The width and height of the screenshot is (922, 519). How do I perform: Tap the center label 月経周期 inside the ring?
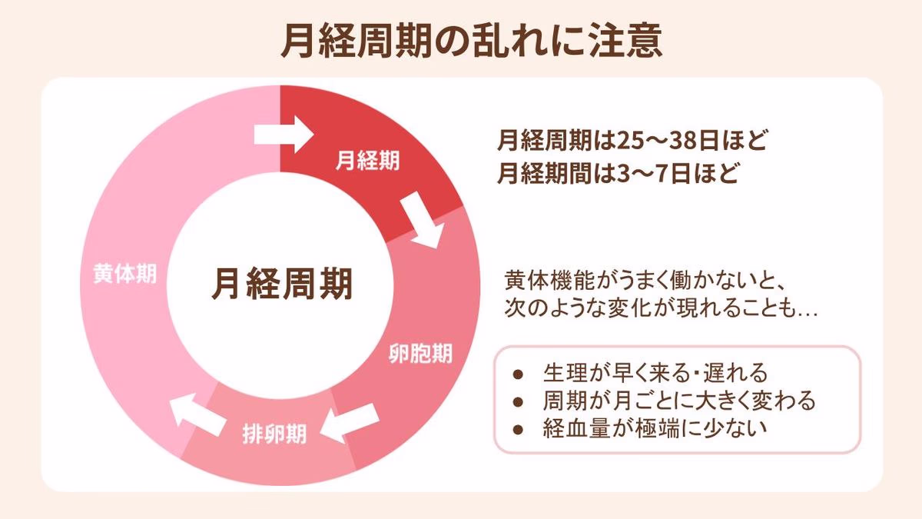(x=282, y=283)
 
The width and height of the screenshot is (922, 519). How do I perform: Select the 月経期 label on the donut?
(x=367, y=161)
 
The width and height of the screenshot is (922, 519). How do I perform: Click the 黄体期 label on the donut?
(x=124, y=273)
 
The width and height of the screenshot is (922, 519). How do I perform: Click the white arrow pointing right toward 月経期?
(x=284, y=135)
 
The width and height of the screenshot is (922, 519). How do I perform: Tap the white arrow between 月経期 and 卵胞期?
(x=421, y=220)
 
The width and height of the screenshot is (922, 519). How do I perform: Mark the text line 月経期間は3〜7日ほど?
(x=617, y=172)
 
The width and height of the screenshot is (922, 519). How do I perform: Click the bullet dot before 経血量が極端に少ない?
(x=519, y=427)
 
